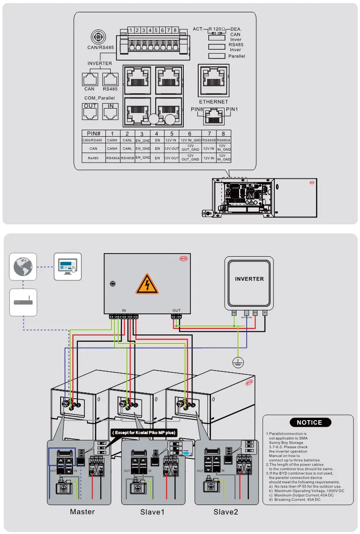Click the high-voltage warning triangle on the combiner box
(147, 283)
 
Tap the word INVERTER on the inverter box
(249, 279)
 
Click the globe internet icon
(23, 266)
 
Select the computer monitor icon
(67, 266)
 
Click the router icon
(23, 302)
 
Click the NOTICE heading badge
(309, 422)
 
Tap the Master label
(82, 512)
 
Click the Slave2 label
(226, 512)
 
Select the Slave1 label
(153, 512)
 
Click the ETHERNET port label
(214, 102)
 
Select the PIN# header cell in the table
(94, 133)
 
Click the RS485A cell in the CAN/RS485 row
(223, 140)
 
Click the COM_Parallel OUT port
(90, 112)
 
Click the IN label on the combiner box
(124, 310)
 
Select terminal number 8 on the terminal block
(175, 30)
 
